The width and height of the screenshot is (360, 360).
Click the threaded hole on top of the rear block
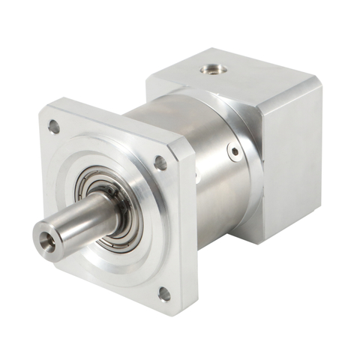click(x=214, y=70)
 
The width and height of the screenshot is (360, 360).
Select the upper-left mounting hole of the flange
click(x=53, y=127)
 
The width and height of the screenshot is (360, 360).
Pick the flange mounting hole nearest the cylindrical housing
click(x=160, y=161)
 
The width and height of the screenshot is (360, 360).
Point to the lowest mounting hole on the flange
click(x=164, y=295)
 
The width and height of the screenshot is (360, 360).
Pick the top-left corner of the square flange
click(x=43, y=112)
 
